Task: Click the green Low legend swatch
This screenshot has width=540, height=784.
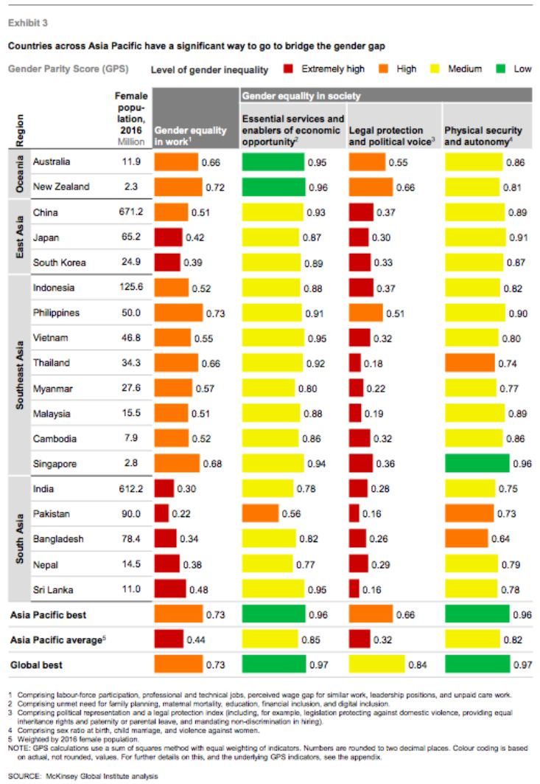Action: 499,69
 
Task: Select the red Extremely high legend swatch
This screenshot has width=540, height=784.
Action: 288,69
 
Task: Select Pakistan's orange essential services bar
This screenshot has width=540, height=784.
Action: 259,513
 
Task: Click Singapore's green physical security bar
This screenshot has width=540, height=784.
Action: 477,463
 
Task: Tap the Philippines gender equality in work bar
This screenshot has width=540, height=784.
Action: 178,313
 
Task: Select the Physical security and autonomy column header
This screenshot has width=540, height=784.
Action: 483,135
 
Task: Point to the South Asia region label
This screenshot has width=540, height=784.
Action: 21,538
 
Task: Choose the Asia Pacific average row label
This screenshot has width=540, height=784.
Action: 56,639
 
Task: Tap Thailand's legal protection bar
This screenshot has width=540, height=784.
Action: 354,363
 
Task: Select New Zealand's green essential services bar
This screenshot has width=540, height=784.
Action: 273,187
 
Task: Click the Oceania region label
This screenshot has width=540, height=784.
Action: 21,174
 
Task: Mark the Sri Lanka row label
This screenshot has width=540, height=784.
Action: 53,589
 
